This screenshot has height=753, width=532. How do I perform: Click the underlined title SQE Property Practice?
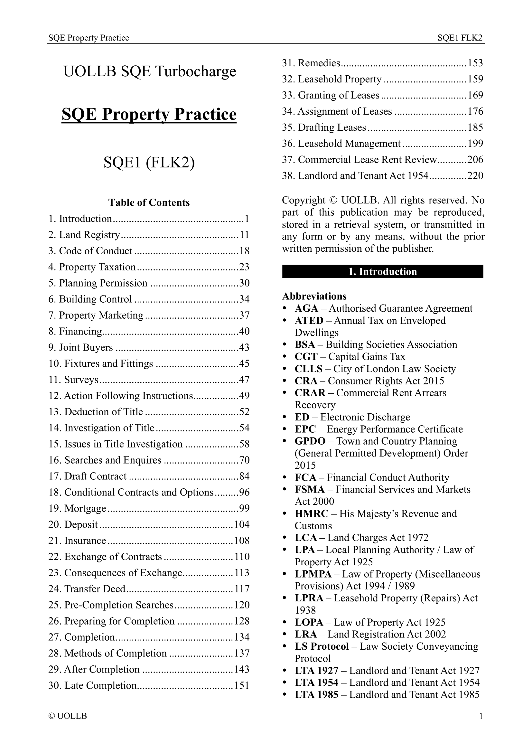point(149,115)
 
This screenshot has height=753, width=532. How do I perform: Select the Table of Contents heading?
point(149,203)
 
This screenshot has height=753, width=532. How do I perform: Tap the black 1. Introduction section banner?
point(382,272)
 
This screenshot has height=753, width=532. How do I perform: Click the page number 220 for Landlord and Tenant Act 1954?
point(475,176)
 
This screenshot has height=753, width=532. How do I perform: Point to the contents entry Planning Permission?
point(103,283)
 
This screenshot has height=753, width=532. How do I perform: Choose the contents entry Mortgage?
point(85,508)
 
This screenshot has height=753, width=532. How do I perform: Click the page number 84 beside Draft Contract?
point(244,476)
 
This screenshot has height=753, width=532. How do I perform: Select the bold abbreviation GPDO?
point(310,441)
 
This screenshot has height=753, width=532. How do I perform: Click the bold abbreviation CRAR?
point(310,393)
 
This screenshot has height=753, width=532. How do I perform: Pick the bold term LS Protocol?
point(322,646)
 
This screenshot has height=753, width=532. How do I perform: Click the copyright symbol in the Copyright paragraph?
point(333,200)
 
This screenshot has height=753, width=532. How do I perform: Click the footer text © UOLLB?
point(68,716)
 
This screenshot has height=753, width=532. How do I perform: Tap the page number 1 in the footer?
point(481,716)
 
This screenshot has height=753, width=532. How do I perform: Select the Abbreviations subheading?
point(314,296)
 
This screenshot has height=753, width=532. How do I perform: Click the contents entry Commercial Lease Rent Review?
point(367,160)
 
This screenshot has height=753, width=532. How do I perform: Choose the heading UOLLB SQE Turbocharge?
point(149,71)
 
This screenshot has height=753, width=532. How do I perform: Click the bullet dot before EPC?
point(285,429)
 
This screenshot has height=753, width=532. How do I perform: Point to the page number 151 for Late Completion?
point(242,685)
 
